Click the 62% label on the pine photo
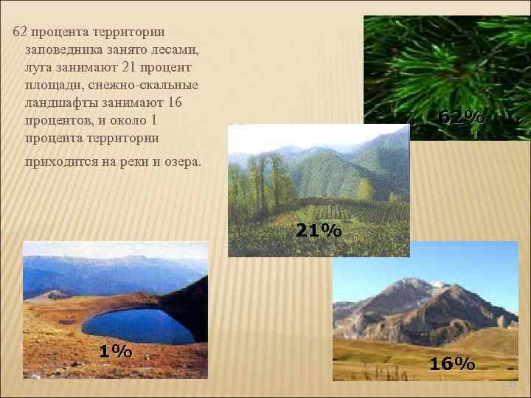pyautogui.click(x=462, y=116)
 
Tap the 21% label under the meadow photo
pyautogui.click(x=319, y=231)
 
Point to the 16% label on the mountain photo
pyautogui.click(x=452, y=363)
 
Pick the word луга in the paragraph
pyautogui.click(x=38, y=67)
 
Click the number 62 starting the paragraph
pyautogui.click(x=21, y=32)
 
